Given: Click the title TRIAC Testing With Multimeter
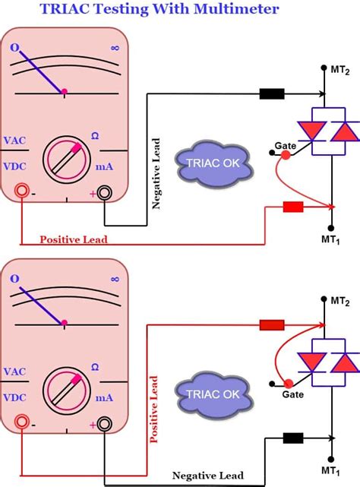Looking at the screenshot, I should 179,10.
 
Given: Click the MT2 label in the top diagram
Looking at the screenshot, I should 341,70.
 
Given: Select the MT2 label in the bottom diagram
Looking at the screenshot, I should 341,302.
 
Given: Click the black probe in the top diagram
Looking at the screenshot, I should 272,94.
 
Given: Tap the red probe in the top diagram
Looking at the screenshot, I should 293,207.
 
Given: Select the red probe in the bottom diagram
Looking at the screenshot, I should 272,325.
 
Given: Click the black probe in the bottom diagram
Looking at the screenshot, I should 293,438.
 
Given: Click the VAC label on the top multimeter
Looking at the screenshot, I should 17,141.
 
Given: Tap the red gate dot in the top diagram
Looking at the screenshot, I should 286,155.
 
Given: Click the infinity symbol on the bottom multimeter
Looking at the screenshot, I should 115,279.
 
